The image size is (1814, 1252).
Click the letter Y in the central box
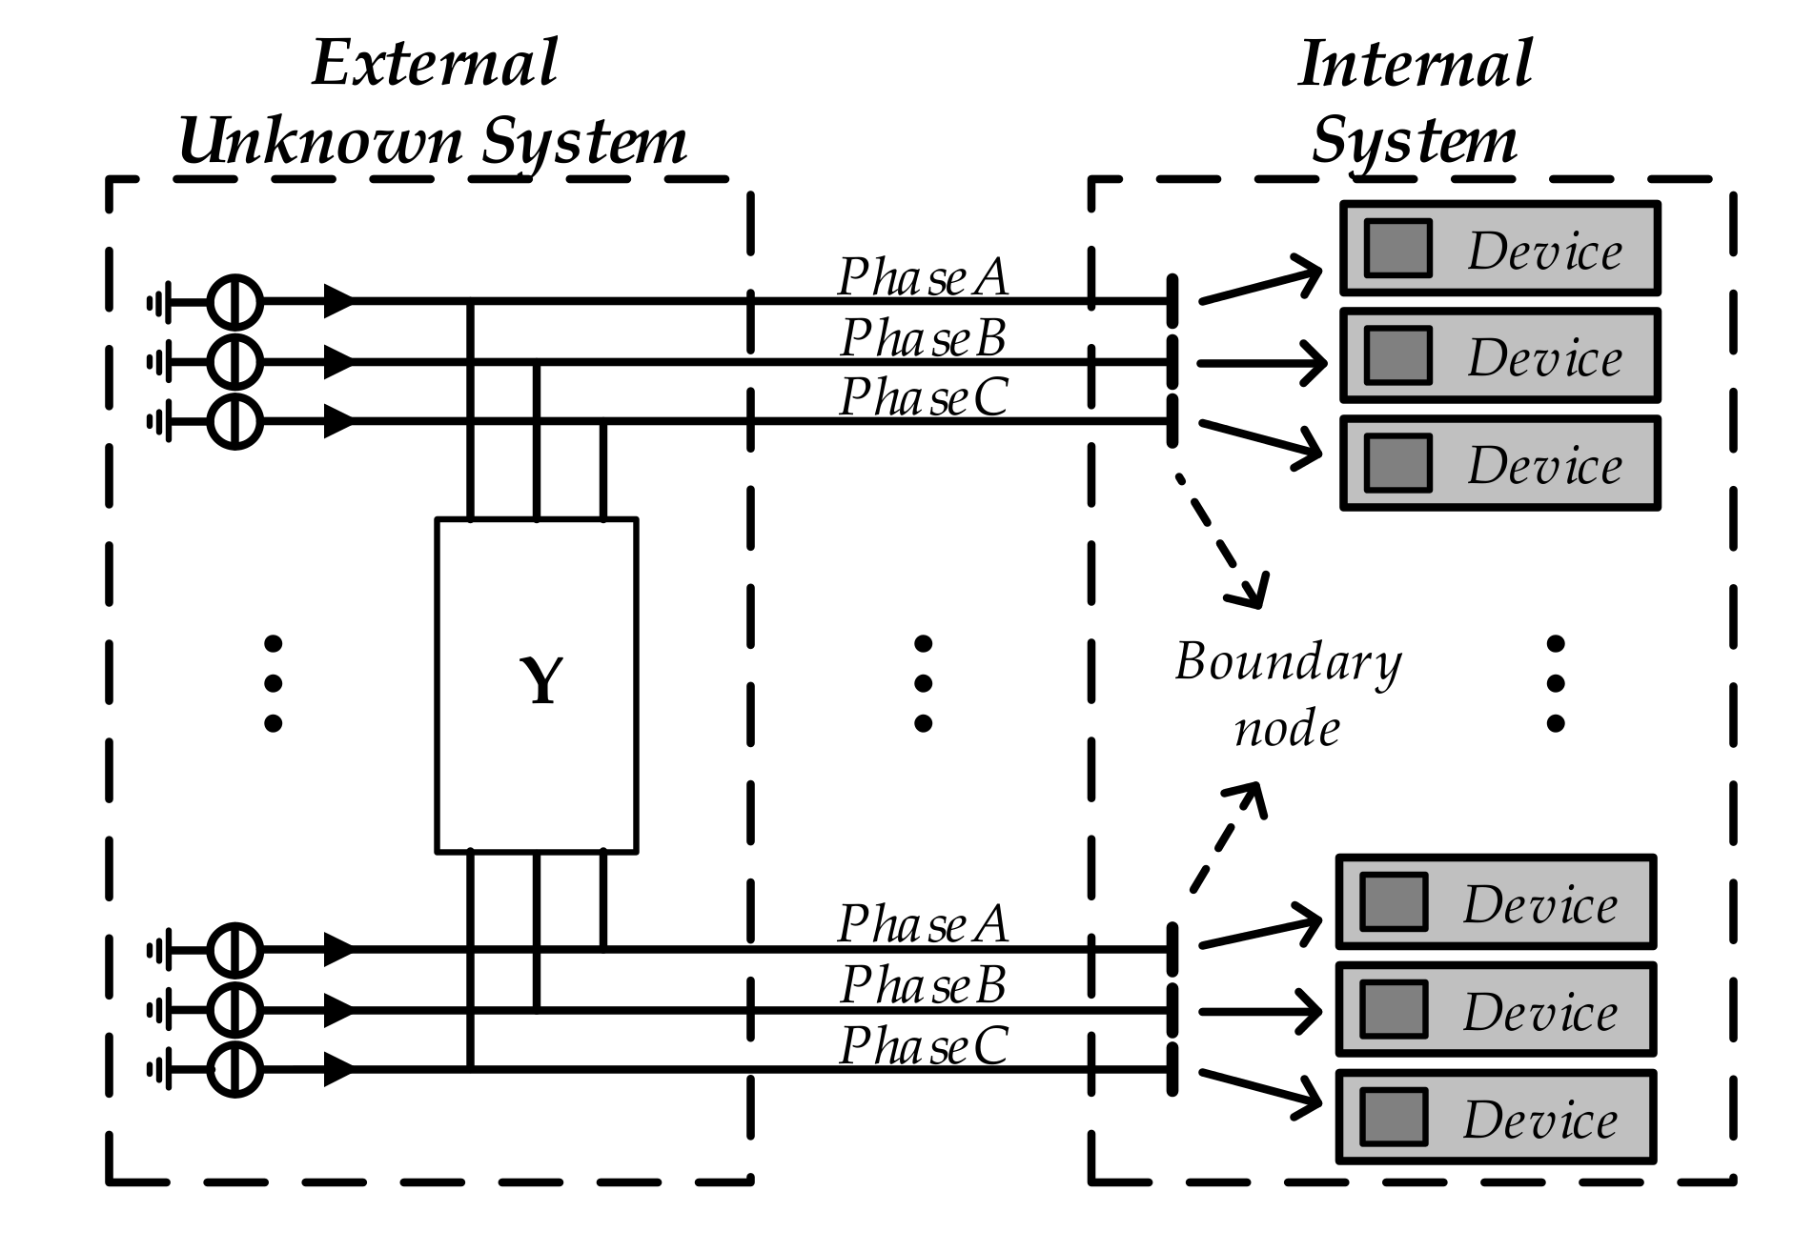point(540,682)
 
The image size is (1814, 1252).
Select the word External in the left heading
point(435,63)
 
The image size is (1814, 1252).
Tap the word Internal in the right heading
point(1416,65)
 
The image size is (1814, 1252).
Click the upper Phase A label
point(923,277)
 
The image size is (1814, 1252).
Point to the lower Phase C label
point(923,1045)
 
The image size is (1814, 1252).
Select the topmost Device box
point(1500,249)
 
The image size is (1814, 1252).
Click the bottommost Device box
point(1496,1117)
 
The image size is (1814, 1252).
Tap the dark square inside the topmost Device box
point(1397,249)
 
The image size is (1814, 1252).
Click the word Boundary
point(1288,661)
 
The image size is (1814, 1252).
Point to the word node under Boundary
point(1287,729)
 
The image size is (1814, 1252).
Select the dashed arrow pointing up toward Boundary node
point(1227,836)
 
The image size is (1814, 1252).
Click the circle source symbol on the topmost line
point(234,302)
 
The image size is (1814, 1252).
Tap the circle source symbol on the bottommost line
point(234,1069)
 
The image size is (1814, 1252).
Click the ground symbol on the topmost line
point(159,302)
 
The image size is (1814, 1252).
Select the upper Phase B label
point(923,337)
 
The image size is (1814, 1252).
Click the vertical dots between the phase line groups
point(923,683)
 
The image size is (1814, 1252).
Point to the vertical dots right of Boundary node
point(1556,683)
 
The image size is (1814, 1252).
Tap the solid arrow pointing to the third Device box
point(1260,441)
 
